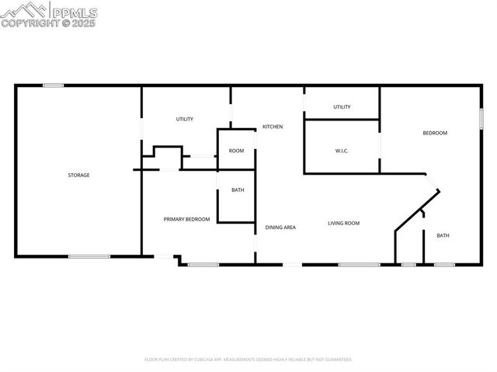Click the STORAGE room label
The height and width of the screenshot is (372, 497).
click(78, 175)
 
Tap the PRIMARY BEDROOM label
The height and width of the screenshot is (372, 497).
click(186, 219)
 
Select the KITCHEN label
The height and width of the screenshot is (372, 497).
click(272, 127)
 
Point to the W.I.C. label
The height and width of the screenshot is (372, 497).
click(342, 150)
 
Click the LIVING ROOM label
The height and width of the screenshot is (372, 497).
click(342, 223)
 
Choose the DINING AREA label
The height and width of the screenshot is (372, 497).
click(280, 228)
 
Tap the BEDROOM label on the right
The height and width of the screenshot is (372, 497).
click(435, 133)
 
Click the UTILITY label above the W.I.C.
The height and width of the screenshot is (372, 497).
click(342, 107)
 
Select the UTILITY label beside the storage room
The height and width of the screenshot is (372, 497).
click(184, 119)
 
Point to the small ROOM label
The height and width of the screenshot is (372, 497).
click(236, 151)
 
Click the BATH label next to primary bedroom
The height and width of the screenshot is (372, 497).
click(237, 190)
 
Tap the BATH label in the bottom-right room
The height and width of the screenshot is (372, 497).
click(443, 235)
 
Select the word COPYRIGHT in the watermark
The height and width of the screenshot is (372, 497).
click(29, 23)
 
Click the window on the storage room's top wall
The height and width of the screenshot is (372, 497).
click(53, 85)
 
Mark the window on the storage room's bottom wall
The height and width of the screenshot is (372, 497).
click(89, 256)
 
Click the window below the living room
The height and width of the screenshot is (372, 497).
click(359, 265)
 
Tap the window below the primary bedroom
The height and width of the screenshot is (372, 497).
click(203, 265)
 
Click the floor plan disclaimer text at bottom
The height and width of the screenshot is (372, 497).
click(248, 360)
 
